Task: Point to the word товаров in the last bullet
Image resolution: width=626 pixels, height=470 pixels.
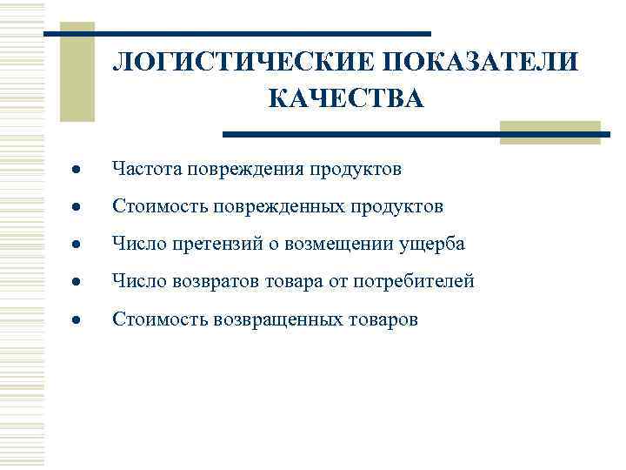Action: point(383,319)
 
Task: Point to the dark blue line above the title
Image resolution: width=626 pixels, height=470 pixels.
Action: point(236,34)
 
